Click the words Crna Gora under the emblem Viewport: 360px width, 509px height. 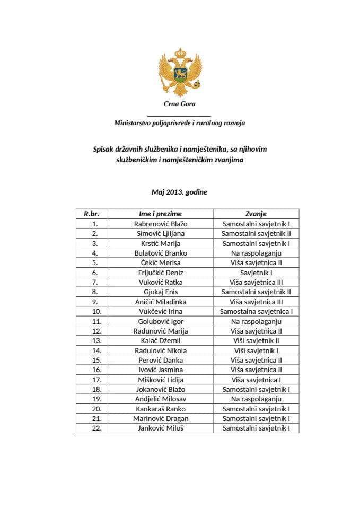(179, 104)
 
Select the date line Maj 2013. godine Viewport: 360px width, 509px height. (179, 192)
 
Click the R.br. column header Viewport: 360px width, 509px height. (92, 214)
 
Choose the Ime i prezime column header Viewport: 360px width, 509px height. (161, 214)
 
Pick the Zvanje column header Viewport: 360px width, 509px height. (256, 214)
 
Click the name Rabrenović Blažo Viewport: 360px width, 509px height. (161, 224)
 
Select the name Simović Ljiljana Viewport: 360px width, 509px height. (161, 233)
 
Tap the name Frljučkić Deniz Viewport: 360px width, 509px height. (161, 273)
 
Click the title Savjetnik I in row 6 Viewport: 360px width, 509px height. (256, 273)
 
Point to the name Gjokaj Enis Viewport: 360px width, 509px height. (161, 292)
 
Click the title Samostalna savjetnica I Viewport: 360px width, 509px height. (256, 311)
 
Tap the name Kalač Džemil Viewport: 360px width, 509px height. (161, 340)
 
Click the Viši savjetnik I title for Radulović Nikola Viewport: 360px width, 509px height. (256, 350)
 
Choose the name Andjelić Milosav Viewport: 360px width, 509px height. (161, 399)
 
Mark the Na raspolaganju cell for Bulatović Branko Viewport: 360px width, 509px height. (256, 253)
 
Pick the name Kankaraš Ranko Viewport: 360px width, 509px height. (161, 409)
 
